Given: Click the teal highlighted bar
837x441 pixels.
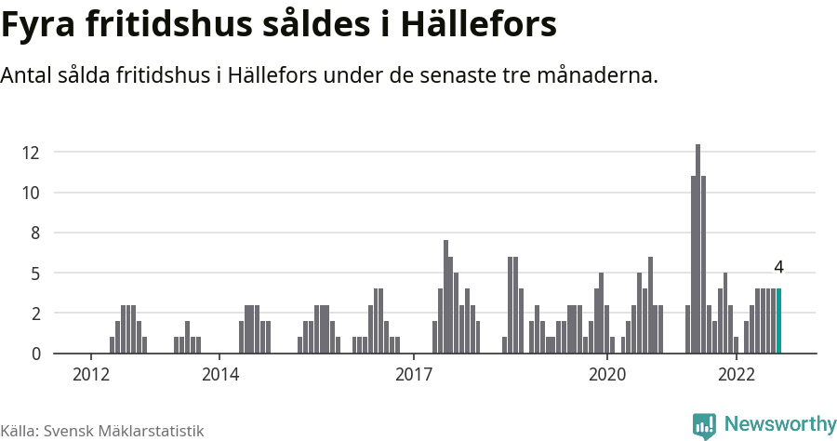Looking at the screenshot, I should [x=778, y=321].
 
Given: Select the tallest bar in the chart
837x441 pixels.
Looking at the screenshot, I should [x=697, y=249].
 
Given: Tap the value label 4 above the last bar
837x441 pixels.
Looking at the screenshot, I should [x=778, y=267].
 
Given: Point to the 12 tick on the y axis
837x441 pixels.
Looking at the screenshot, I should [x=33, y=153].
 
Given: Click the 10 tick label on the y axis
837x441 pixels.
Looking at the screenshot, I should [x=33, y=193].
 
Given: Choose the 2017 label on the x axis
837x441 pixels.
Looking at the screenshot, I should [x=414, y=375].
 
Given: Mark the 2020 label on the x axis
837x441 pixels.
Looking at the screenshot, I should [x=607, y=375].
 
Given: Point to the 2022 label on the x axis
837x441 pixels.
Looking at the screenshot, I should [x=737, y=375].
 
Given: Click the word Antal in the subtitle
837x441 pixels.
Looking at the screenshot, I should [x=28, y=75].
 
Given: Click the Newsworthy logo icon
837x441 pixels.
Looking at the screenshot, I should [x=704, y=425].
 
